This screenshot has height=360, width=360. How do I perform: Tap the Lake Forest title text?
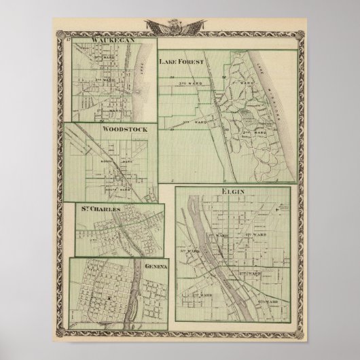[x=181, y=62]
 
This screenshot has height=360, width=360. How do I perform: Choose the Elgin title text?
[x=231, y=196]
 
